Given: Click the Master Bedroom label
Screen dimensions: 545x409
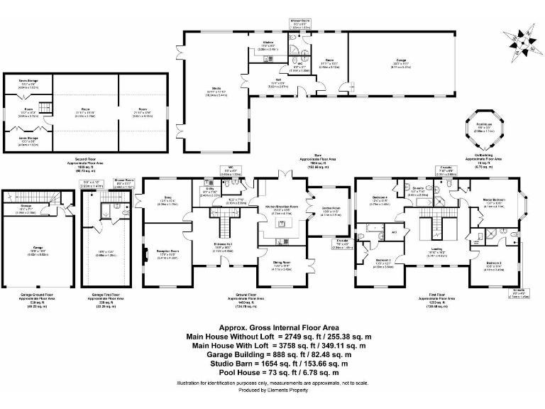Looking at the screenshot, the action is click(494, 203).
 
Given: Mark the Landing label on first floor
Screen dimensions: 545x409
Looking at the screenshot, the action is click(437, 249).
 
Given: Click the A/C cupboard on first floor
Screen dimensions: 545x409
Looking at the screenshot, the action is click(394, 231).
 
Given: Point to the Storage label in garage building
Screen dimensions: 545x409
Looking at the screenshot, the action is click(26, 207).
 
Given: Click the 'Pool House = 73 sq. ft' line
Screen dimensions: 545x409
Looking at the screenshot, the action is click(272, 371).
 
